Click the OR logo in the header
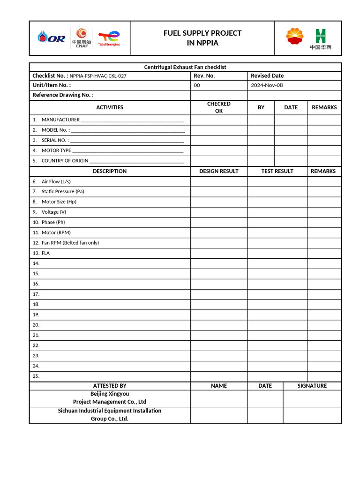pyautogui.click(x=52, y=38)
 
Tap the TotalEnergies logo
pyautogui.click(x=109, y=38)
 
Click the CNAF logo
pyautogui.click(x=82, y=37)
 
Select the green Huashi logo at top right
pyautogui.click(x=320, y=38)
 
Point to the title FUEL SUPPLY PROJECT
pyautogui.click(x=202, y=33)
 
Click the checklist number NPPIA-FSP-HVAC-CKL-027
pyautogui.click(x=98, y=76)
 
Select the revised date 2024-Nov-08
pyautogui.click(x=267, y=85)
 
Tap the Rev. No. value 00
pyautogui.click(x=197, y=85)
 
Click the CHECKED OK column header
pyautogui.click(x=218, y=107)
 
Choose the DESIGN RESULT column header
pyautogui.click(x=218, y=171)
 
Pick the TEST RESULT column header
pyautogui.click(x=277, y=171)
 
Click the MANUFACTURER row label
pyautogui.click(x=60, y=120)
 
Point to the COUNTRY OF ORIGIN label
pyautogui.click(x=65, y=161)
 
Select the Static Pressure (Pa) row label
pyautogui.click(x=63, y=191)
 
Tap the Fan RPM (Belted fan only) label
pyautogui.click(x=70, y=243)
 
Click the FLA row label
pyautogui.click(x=45, y=253)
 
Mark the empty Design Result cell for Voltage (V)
pyautogui.click(x=218, y=212)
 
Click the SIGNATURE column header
pyautogui.click(x=312, y=386)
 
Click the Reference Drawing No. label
pyautogui.click(x=63, y=95)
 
